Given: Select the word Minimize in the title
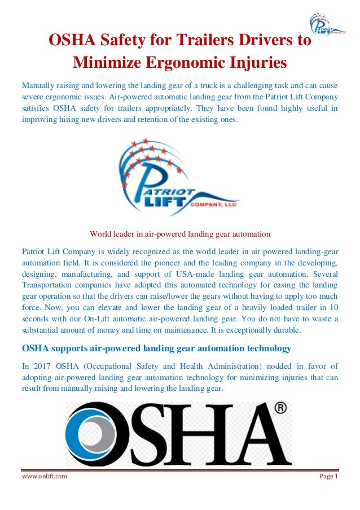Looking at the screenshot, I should [105, 61].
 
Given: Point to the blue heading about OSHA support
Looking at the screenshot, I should [156, 348].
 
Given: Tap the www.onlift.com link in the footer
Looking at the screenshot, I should [45, 476].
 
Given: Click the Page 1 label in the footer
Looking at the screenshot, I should [328, 476].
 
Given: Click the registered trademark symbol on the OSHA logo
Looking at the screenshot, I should [280, 408].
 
